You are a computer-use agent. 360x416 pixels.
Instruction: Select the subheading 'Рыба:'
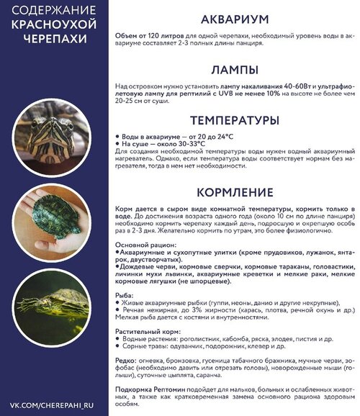point(125,295)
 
